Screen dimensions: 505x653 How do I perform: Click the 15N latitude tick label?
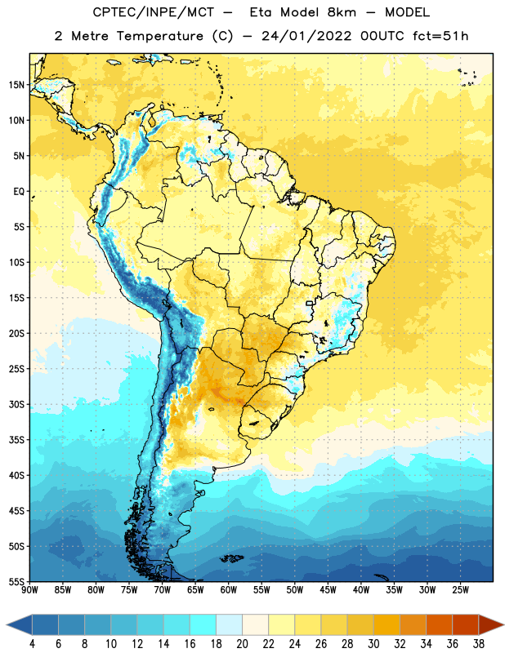(16, 85)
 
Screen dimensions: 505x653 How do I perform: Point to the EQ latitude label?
(19, 192)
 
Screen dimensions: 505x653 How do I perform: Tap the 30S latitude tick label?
(16, 404)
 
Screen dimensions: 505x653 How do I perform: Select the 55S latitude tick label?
(16, 581)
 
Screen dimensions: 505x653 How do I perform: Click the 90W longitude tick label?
(29, 590)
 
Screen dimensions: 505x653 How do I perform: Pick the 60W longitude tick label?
(229, 590)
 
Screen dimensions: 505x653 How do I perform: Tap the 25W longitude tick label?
(460, 590)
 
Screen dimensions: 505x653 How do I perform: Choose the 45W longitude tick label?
(328, 590)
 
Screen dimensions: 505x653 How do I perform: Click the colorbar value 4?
(32, 644)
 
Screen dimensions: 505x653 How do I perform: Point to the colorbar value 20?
(242, 644)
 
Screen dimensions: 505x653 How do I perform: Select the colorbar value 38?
(479, 644)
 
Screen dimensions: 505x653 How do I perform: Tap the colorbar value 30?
(373, 644)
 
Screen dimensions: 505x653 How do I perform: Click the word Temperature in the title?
(159, 36)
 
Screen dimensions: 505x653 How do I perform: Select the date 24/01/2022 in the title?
(306, 36)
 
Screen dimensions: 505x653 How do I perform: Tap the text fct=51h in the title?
(440, 36)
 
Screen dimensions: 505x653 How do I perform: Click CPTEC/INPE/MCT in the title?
(153, 12)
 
